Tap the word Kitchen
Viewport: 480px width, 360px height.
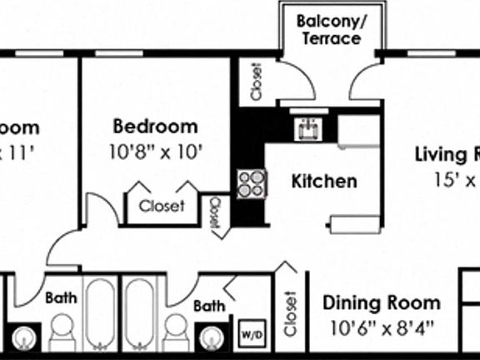(325, 181)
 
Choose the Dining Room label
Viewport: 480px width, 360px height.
(381, 302)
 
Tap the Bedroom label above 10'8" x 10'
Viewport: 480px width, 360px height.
(156, 127)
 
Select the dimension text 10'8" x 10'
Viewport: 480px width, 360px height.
(156, 152)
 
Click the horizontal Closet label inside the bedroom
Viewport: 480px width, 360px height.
(162, 206)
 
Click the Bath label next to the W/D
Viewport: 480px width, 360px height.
(209, 307)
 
